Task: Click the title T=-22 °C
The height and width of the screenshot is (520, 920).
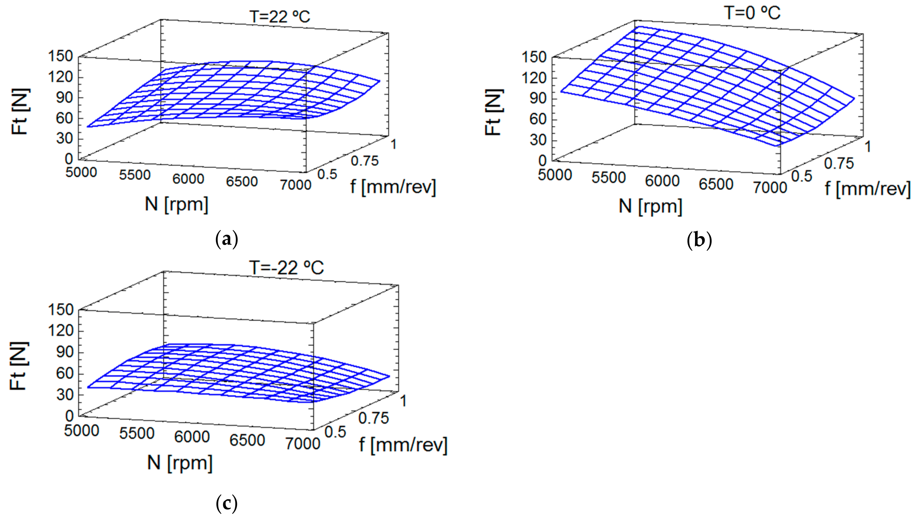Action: click(x=286, y=267)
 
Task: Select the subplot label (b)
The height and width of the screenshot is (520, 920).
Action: click(x=699, y=240)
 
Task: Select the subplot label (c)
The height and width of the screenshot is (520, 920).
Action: click(x=226, y=504)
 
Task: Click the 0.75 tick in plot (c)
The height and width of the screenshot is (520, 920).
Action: click(x=373, y=418)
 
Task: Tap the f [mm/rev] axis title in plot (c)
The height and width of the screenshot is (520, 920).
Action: click(x=403, y=445)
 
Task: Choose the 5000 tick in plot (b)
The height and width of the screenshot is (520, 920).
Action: click(x=555, y=175)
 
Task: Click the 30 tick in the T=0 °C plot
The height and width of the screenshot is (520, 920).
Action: click(x=538, y=140)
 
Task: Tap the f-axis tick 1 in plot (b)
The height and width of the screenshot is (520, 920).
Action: click(x=867, y=147)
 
